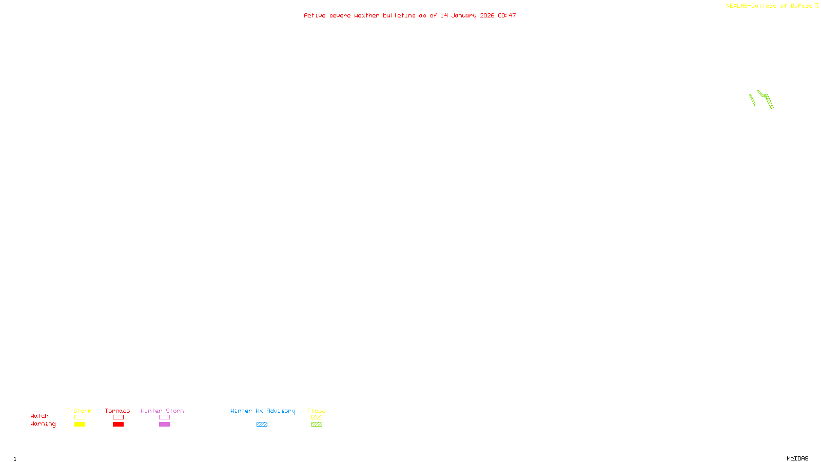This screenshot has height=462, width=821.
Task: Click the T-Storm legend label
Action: point(79,411)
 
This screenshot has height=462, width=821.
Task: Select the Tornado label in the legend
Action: point(118,411)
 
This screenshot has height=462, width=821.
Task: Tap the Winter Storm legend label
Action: point(162,411)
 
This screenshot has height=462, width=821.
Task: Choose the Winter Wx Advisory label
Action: point(263,411)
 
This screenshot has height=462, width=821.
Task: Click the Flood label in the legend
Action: point(317,411)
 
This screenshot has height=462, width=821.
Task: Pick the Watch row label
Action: point(40,416)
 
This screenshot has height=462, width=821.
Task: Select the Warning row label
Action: point(43,424)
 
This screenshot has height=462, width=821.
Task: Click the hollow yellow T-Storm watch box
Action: point(80,417)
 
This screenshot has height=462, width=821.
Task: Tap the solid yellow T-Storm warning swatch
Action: point(80,425)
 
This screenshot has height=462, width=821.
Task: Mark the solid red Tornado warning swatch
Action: point(119,425)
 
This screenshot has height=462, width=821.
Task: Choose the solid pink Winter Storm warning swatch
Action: point(164,425)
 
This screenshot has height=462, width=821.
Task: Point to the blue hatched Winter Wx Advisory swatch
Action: point(262,425)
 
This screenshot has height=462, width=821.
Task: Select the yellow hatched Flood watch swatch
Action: point(317,417)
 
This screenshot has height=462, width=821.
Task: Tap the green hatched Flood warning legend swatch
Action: point(317,425)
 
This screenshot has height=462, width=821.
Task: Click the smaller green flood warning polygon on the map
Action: point(752,100)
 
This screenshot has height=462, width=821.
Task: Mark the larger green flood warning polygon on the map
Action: point(767,99)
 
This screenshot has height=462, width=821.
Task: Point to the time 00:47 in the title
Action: point(507,15)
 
